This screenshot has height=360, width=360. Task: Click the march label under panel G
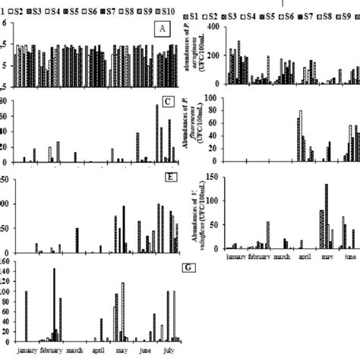74,351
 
